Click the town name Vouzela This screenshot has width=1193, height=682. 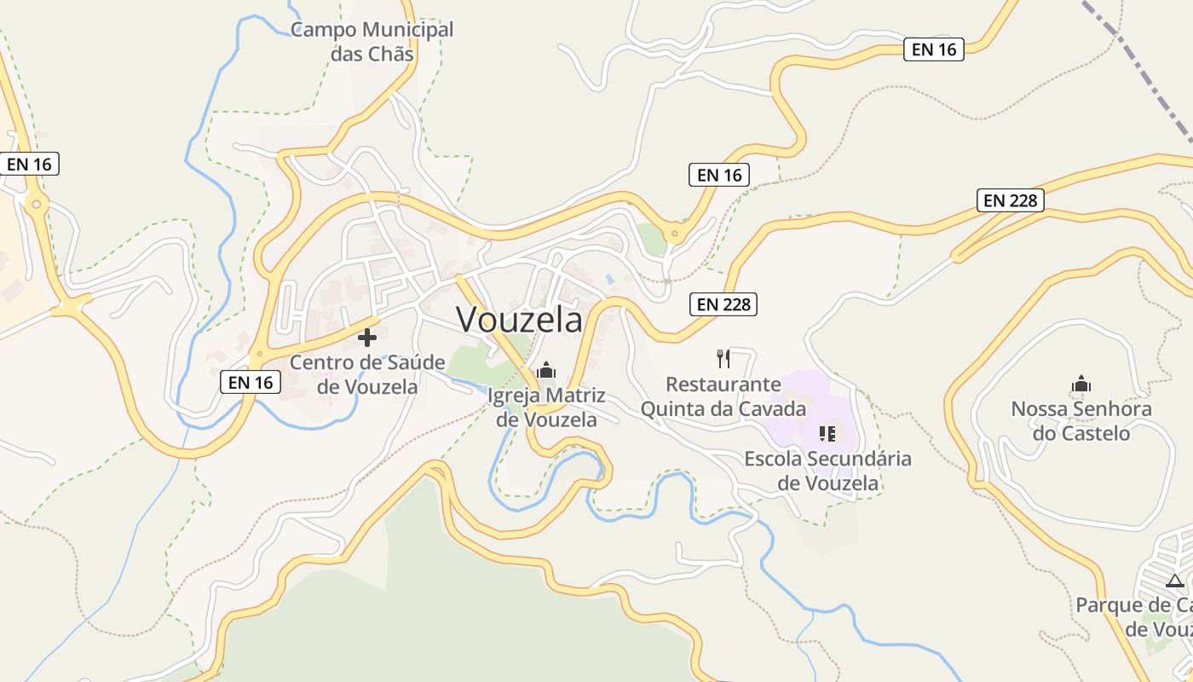[520, 320]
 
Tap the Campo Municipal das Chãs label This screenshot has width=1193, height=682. [372, 42]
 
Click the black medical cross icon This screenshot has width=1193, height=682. [367, 338]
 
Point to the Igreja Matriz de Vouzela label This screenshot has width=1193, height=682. [546, 407]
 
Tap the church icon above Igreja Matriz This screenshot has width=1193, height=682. [546, 370]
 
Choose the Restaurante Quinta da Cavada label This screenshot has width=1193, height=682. [723, 396]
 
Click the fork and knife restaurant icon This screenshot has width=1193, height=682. [723, 358]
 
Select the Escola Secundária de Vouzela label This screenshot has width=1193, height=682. [827, 471]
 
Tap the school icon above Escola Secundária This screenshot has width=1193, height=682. [827, 434]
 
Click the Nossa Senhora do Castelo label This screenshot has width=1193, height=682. [1081, 421]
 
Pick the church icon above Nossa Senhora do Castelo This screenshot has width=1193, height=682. [1081, 384]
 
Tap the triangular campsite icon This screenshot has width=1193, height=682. [1175, 581]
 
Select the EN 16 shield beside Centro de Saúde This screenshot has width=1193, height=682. [251, 383]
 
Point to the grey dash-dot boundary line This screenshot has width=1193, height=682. [1142, 68]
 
